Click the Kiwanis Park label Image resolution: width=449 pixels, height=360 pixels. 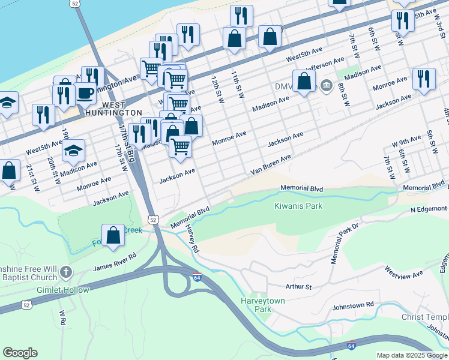click(x=298, y=206)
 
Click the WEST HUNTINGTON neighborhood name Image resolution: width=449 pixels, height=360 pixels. click(x=113, y=108)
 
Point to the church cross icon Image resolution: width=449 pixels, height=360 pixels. click(x=65, y=273)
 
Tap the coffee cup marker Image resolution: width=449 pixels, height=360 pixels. click(x=85, y=94)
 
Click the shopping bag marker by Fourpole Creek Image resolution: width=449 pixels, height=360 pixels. click(x=113, y=236)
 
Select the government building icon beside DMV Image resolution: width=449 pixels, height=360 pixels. click(x=326, y=86)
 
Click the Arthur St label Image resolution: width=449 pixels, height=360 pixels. click(x=298, y=287)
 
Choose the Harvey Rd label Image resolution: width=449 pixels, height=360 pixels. click(x=192, y=239)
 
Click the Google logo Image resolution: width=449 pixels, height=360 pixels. click(x=20, y=353)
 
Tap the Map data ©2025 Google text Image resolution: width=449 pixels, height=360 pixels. click(x=412, y=355)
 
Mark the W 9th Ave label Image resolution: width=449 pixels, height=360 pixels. click(x=406, y=142)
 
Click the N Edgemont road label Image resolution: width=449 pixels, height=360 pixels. click(x=429, y=209)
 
